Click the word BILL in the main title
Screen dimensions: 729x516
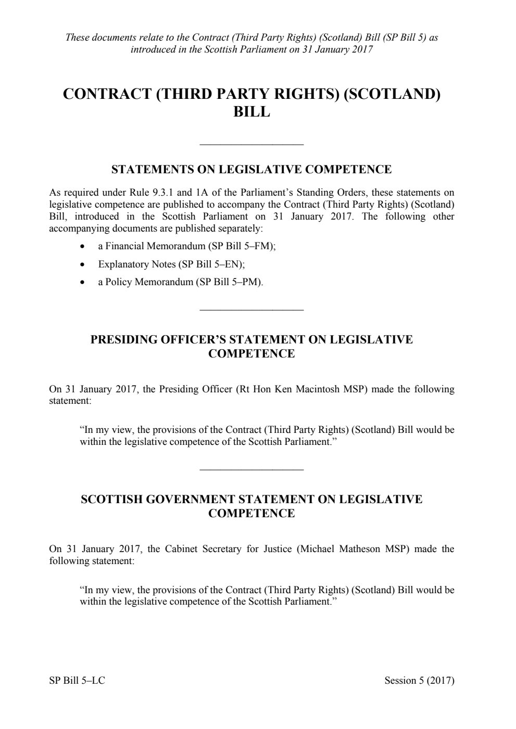point(251,112)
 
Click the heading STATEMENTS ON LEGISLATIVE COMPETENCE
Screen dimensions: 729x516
point(251,170)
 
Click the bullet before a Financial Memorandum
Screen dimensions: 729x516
point(82,247)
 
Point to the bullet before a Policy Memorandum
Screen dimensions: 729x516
point(82,283)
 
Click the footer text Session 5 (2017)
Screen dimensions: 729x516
point(419,681)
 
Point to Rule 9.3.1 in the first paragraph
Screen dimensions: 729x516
point(143,193)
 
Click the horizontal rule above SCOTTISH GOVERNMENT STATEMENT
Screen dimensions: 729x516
point(251,470)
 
